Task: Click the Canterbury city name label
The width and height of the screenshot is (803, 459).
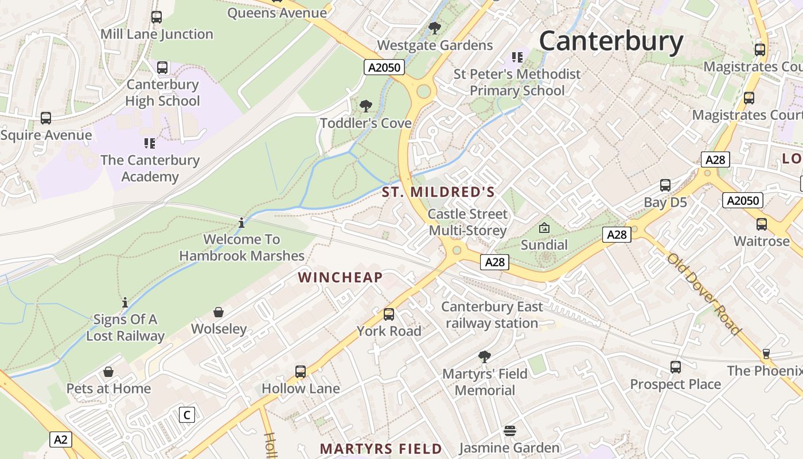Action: tap(611, 41)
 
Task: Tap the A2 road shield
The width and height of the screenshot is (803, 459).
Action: tap(61, 440)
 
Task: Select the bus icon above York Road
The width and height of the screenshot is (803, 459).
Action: tap(389, 314)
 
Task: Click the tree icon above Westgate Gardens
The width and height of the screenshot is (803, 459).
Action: tap(435, 28)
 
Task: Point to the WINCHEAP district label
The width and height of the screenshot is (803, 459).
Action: tap(340, 278)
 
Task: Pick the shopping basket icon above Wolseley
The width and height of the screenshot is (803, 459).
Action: tap(219, 312)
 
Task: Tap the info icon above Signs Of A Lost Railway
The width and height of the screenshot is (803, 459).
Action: tap(125, 302)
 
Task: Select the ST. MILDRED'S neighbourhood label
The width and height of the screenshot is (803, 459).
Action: tap(438, 192)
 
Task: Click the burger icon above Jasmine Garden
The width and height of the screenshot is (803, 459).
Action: tap(509, 430)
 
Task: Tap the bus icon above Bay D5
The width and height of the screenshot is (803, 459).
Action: tap(665, 185)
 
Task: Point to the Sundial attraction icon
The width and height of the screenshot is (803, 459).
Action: tap(544, 228)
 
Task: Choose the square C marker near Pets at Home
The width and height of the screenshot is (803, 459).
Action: tap(186, 415)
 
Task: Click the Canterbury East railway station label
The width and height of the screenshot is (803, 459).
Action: tap(492, 315)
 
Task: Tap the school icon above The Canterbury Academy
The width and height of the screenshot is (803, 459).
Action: tap(150, 143)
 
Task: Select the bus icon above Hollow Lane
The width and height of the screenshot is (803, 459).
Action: tap(301, 371)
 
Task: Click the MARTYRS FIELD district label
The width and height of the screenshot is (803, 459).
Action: tap(381, 449)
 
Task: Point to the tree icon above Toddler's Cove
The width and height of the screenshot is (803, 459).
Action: tap(365, 106)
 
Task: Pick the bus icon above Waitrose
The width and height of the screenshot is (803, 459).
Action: tap(762, 224)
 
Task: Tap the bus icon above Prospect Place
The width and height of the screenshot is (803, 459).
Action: tap(676, 367)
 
